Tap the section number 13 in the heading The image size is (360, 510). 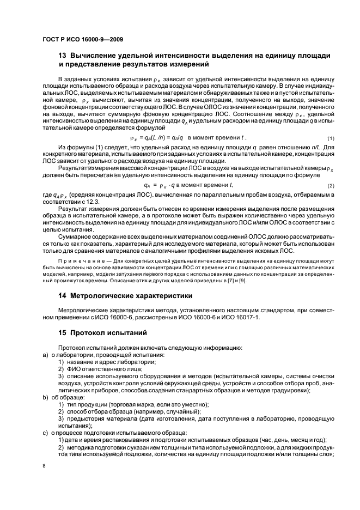pyautogui.click(x=62, y=57)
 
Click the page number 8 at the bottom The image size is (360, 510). pyautogui.click(x=45, y=465)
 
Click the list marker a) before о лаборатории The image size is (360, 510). pyautogui.click(x=45, y=355)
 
